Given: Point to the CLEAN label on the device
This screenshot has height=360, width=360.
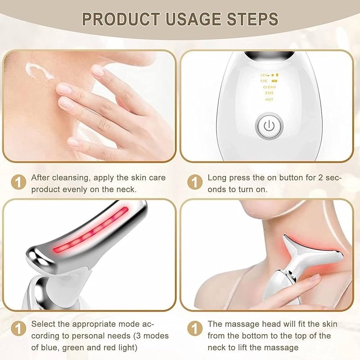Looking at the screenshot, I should tap(269, 87).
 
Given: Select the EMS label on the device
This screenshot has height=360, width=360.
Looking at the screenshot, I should tap(269, 93).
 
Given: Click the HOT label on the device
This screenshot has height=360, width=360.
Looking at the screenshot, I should tap(269, 99).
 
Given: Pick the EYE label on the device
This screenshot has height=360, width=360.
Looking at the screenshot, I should tap(264, 81).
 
